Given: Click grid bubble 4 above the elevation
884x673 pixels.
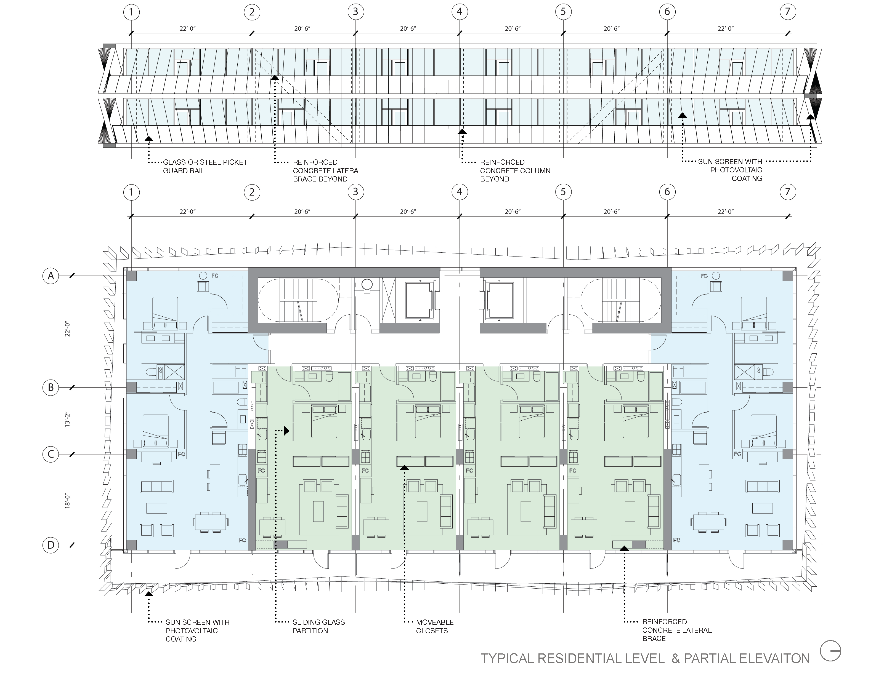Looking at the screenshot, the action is [x=459, y=12].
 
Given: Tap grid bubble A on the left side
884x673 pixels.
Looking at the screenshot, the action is [x=51, y=276].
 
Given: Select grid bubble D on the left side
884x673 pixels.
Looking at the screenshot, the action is [x=51, y=545].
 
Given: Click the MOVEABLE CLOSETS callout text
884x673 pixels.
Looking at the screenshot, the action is [x=435, y=626].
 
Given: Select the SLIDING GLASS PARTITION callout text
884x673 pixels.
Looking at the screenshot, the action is [x=318, y=626].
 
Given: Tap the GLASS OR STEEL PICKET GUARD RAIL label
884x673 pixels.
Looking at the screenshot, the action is [x=205, y=166].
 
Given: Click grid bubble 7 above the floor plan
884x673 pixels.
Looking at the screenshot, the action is [x=787, y=192].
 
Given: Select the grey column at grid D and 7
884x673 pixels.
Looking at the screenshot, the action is [x=787, y=545].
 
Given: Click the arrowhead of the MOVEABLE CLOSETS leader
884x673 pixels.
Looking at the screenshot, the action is [x=404, y=467].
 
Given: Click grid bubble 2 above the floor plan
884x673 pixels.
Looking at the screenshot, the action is [x=252, y=192].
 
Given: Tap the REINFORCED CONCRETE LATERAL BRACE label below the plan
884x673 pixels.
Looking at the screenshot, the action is [x=677, y=630].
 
